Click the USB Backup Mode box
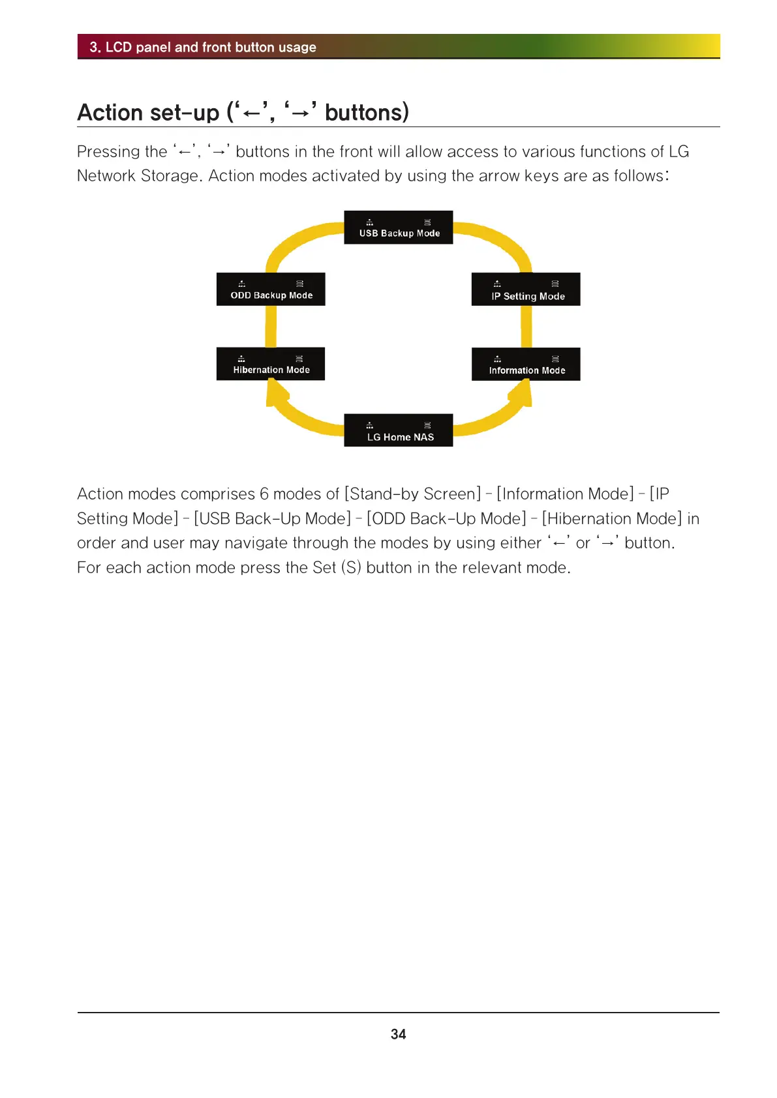coord(398,228)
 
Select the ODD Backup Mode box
coord(271,289)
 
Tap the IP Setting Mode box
coord(526,289)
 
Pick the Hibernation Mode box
coord(271,364)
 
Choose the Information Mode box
coord(526,364)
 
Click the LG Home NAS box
coord(398,430)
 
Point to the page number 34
coord(398,1034)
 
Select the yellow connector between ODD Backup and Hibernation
coord(271,326)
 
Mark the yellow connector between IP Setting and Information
coord(526,326)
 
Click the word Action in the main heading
coord(110,113)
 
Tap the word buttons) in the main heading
coord(367,113)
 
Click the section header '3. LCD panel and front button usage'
coord(203,47)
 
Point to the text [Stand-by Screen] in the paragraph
coord(412,494)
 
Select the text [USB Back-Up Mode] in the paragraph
coord(272,518)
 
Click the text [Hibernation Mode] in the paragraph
coord(611,518)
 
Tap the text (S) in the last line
coord(351,567)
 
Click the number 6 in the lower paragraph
coord(264,494)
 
